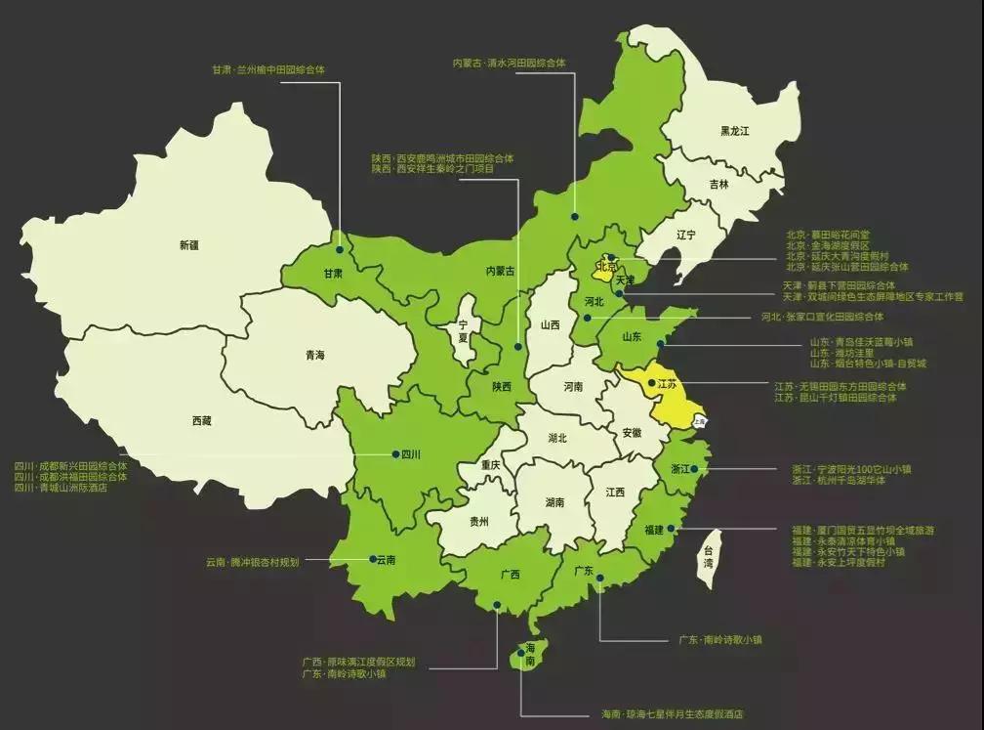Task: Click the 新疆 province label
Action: pos(189,245)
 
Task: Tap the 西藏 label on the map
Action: pos(202,420)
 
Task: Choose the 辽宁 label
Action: pos(685,235)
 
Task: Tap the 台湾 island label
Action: pos(709,559)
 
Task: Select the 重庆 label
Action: pos(489,465)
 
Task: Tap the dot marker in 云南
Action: pos(368,560)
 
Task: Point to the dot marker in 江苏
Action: pos(651,384)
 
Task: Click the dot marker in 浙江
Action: pos(695,469)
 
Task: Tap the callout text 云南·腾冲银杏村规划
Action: pos(252,562)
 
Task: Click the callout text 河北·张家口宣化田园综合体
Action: pos(822,317)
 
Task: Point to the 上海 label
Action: pos(699,421)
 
